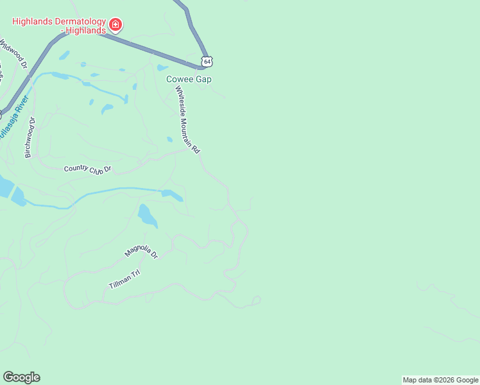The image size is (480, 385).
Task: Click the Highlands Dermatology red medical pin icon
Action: tap(116, 25)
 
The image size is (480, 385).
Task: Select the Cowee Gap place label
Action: tap(189, 80)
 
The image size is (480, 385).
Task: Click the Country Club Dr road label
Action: tap(88, 169)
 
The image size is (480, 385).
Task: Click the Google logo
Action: tap(21, 377)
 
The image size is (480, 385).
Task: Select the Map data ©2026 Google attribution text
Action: tap(440, 380)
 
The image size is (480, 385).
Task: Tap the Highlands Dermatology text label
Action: tap(59, 26)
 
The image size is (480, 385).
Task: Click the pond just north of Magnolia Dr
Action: tap(147, 216)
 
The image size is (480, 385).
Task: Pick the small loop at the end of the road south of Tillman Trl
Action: tap(257, 300)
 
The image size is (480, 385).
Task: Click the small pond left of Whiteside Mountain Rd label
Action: tap(169, 139)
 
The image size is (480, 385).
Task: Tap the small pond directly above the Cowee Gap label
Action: tap(162, 67)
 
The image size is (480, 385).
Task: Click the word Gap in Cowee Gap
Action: tap(203, 80)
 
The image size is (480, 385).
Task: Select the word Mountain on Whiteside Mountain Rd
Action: tap(187, 122)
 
